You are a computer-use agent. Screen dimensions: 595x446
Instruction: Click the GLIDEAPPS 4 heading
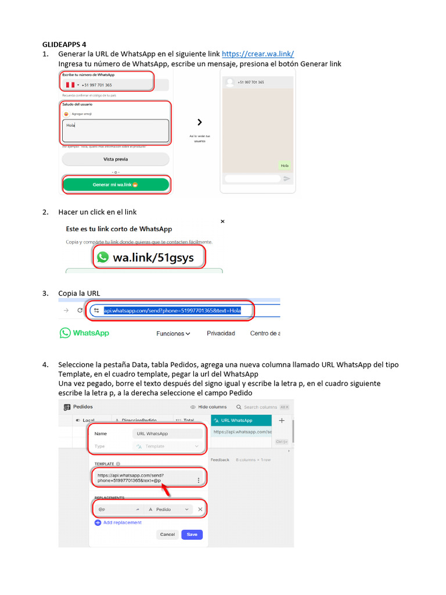[x=64, y=44]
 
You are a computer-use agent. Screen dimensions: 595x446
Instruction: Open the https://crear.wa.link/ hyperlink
[x=258, y=54]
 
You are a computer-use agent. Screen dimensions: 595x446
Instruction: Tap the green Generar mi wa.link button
[x=116, y=185]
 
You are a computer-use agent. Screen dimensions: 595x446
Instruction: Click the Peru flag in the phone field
[x=70, y=85]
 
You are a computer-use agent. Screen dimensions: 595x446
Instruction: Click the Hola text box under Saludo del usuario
[x=116, y=131]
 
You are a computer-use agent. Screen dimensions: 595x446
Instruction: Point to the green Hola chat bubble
[x=285, y=166]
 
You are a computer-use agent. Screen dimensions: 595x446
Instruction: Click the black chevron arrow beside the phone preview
[x=200, y=123]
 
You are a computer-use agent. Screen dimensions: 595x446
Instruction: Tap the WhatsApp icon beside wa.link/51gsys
[x=103, y=257]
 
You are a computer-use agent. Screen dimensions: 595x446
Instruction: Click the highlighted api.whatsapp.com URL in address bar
[x=172, y=311]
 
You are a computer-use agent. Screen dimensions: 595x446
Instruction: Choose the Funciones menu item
[x=173, y=334]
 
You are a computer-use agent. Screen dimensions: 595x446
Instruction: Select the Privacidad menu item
[x=221, y=334]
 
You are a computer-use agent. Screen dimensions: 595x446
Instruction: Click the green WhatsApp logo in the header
[x=84, y=333]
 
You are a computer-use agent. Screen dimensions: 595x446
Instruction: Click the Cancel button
[x=167, y=534]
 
